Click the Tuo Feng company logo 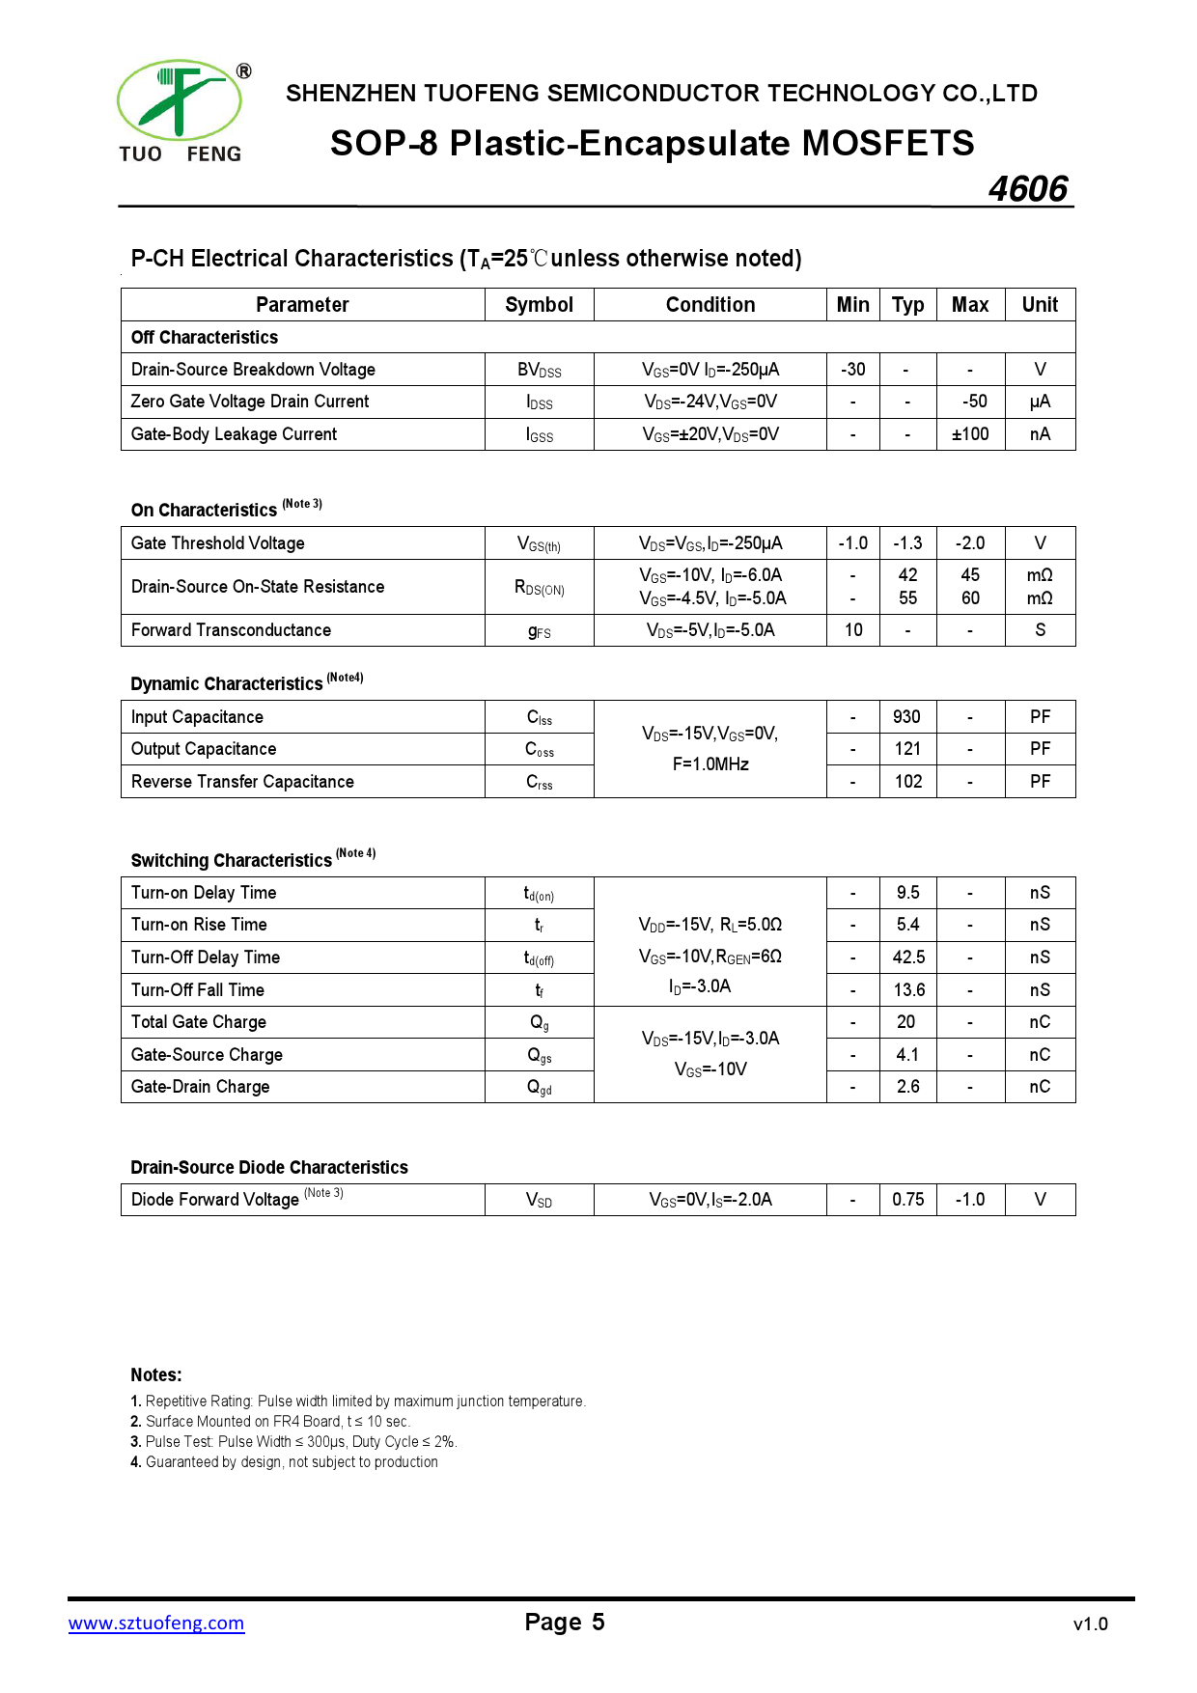(181, 111)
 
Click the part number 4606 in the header (1028, 188)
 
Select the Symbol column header (539, 305)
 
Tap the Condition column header (710, 305)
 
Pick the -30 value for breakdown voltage (853, 370)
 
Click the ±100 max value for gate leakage (970, 434)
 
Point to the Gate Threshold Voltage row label (218, 543)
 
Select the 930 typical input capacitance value (907, 717)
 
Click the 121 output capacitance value (907, 749)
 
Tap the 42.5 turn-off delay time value (908, 958)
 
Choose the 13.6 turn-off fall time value (908, 990)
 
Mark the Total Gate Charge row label (199, 1022)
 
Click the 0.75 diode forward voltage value (908, 1200)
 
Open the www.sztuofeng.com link (156, 1624)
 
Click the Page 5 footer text (565, 1623)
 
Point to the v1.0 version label (1090, 1624)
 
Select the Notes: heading (156, 1375)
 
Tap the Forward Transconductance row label (232, 630)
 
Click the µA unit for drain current (1040, 402)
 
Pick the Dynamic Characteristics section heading (227, 683)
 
